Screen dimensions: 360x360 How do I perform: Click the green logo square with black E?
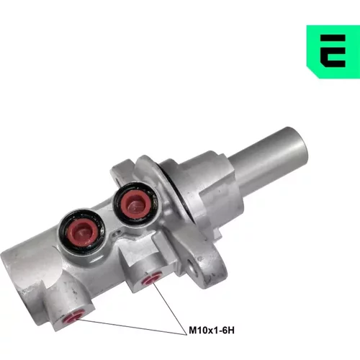click(x=333, y=52)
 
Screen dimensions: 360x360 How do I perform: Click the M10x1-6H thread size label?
click(x=212, y=330)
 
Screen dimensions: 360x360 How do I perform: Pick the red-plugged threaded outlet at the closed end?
click(x=73, y=315)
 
